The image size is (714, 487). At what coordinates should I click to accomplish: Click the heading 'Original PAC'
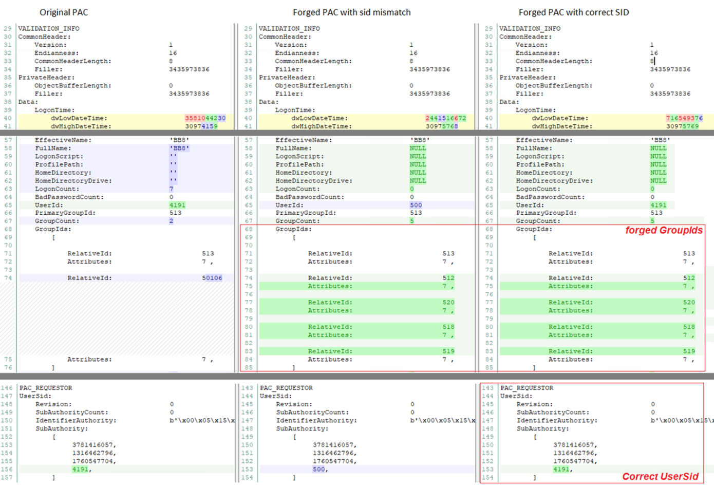point(64,12)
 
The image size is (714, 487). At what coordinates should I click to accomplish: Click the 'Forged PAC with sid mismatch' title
point(351,12)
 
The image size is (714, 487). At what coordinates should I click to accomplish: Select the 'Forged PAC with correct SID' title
point(573,12)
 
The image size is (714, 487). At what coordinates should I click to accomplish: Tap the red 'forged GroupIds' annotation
point(664,230)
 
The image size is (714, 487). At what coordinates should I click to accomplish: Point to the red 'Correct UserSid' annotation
point(660,477)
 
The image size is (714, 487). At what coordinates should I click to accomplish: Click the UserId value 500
point(416,205)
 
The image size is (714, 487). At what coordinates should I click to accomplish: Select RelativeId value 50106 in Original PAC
point(212,278)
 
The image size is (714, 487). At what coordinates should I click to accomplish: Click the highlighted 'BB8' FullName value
point(179,148)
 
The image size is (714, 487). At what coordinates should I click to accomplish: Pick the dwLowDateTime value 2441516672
point(445,118)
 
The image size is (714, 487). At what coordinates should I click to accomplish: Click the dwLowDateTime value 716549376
point(684,118)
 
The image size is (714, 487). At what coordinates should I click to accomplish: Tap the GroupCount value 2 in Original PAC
point(171,221)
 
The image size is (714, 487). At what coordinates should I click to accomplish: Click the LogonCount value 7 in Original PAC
point(171,189)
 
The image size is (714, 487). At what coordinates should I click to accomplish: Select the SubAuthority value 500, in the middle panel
point(318,470)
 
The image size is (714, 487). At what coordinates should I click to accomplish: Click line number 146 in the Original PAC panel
point(7,388)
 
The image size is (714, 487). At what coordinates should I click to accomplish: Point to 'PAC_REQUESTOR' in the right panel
point(527,388)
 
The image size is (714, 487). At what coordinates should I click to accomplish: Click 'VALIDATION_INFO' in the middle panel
point(289,29)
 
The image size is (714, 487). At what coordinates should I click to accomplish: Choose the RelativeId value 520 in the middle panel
point(448,303)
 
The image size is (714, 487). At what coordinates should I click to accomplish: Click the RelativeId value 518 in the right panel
point(688,327)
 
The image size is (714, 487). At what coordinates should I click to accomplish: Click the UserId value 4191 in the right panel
point(658,205)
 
